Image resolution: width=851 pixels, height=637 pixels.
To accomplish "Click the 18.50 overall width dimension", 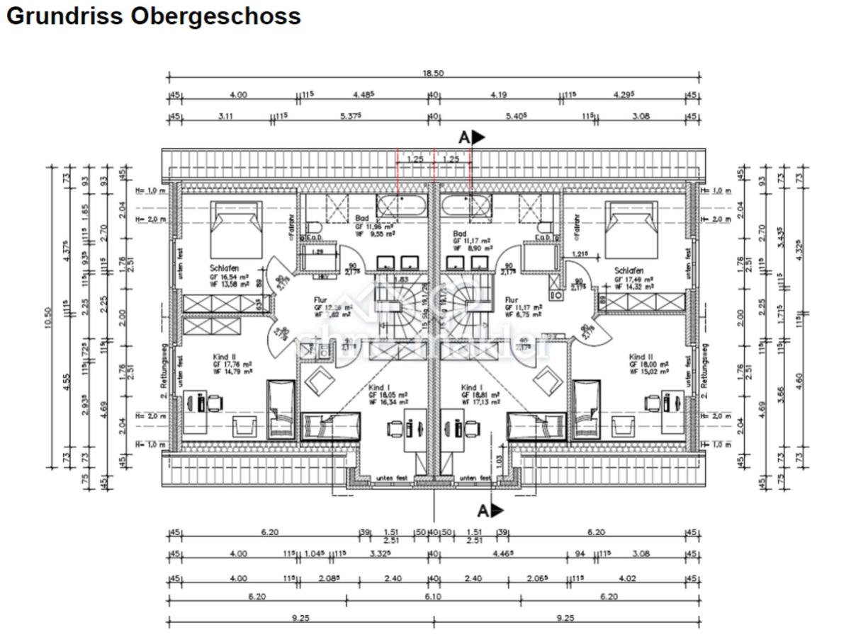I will [x=433, y=74].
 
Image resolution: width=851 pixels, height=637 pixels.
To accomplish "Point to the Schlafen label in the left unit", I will [x=224, y=269].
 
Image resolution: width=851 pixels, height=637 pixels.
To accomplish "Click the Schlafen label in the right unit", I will [x=629, y=270].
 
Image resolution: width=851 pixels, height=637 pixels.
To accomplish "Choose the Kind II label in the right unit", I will [x=641, y=357].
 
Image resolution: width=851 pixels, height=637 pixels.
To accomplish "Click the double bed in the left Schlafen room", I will [x=236, y=229].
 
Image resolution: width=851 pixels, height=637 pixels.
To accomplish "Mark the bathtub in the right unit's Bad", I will [x=468, y=206].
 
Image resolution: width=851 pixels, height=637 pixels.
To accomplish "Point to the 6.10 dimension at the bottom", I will [x=433, y=597].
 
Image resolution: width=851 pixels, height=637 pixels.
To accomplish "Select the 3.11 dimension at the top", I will [x=225, y=116].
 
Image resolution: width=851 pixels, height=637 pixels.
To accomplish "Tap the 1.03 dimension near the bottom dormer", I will [x=498, y=459].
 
